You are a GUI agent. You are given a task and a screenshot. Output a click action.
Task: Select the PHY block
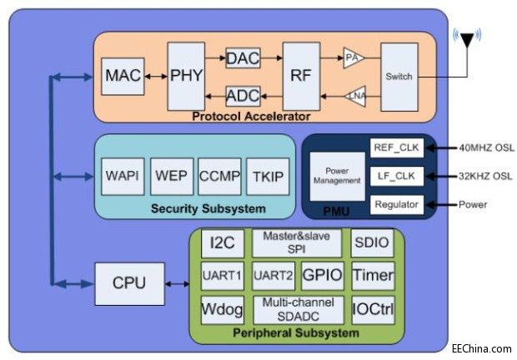pyautogui.click(x=185, y=76)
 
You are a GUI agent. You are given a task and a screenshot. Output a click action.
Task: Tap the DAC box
pyautogui.click(x=243, y=58)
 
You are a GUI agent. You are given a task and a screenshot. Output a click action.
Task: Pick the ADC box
pyautogui.click(x=243, y=95)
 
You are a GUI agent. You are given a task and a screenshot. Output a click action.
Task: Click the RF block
pyautogui.click(x=300, y=76)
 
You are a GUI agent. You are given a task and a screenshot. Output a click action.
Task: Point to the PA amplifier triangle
pyautogui.click(x=354, y=58)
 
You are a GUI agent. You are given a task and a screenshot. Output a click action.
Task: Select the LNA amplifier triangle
pyautogui.click(x=354, y=95)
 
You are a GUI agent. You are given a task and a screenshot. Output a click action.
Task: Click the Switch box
pyautogui.click(x=399, y=76)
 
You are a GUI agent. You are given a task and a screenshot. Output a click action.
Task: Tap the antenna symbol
pyautogui.click(x=467, y=42)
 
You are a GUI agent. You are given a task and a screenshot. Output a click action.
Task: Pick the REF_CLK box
pyautogui.click(x=397, y=148)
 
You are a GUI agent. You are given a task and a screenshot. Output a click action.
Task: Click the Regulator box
pyautogui.click(x=397, y=204)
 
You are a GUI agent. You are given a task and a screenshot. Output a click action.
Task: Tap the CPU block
pyautogui.click(x=128, y=282)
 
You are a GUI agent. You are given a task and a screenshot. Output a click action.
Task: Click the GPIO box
pyautogui.click(x=321, y=275)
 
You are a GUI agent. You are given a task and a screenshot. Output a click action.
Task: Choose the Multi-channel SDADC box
pyautogui.click(x=298, y=308)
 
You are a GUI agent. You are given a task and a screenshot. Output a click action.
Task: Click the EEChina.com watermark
pyautogui.click(x=480, y=348)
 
